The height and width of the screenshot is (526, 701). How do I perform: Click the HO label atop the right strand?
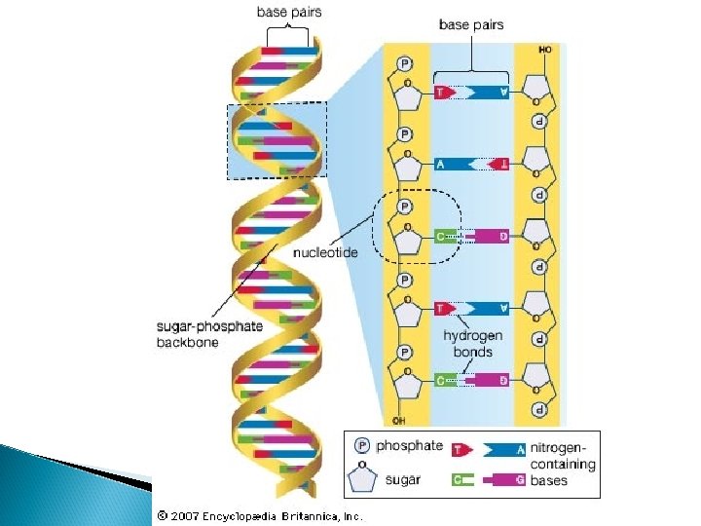544,49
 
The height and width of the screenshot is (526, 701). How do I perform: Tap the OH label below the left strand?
397,420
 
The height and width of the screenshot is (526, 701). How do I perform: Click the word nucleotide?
325,252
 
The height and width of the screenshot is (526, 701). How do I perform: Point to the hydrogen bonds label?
468,343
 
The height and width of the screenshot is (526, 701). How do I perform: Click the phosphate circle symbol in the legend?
362,446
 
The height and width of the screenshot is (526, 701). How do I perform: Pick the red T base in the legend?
462,448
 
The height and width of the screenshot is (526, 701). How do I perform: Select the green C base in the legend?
462,479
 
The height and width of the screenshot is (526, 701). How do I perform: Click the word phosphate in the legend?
407,446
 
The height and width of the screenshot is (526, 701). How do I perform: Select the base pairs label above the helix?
289,13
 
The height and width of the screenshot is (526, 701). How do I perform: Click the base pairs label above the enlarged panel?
471,24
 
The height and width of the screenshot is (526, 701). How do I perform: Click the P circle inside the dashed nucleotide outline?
405,207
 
